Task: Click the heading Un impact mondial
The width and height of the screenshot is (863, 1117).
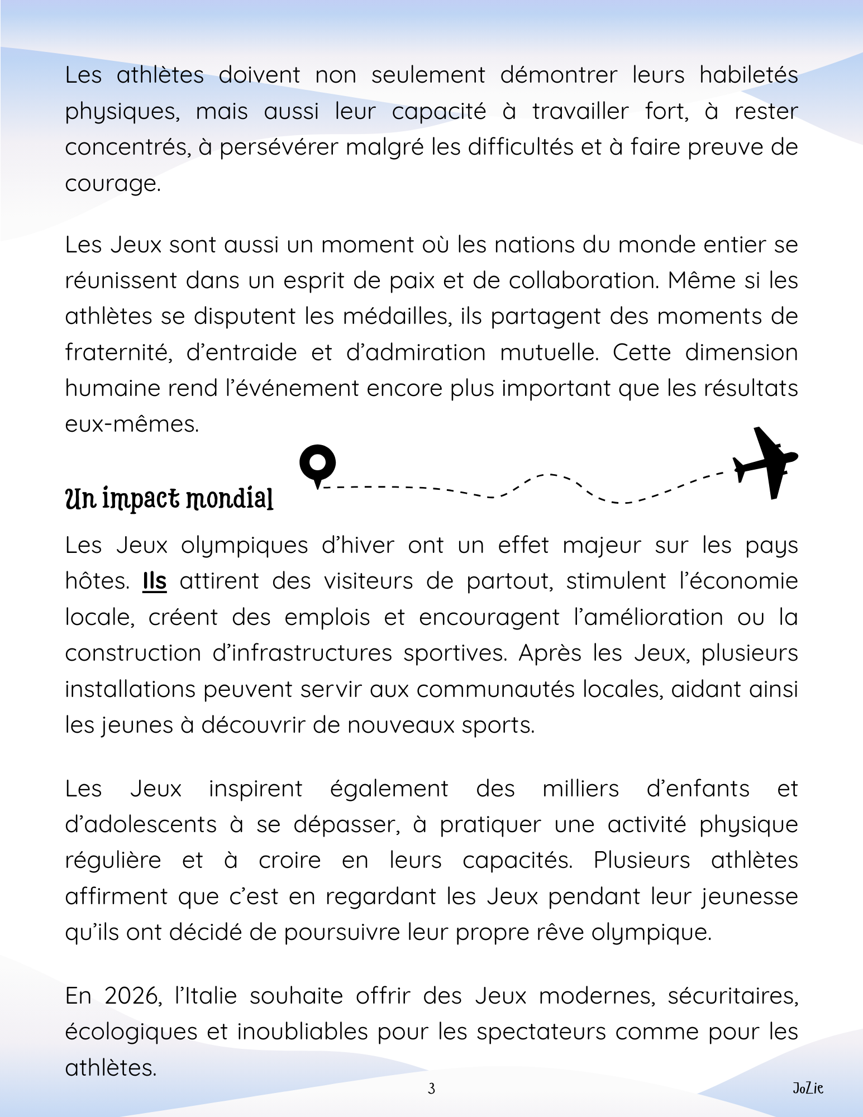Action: (x=169, y=498)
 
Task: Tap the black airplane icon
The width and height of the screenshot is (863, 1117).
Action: (x=765, y=462)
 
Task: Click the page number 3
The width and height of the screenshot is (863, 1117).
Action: (x=431, y=1088)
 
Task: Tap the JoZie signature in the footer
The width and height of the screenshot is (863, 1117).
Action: (x=808, y=1088)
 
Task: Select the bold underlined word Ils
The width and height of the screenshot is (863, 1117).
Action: (x=155, y=581)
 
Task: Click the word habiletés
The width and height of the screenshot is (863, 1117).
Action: (x=748, y=75)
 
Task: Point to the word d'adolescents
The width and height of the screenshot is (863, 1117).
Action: (x=141, y=825)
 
